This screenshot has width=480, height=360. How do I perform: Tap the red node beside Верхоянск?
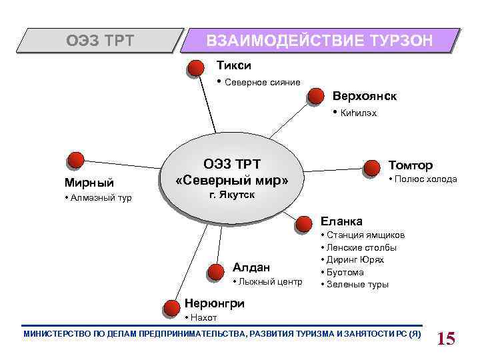click(316, 98)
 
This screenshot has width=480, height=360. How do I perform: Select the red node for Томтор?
click(371, 166)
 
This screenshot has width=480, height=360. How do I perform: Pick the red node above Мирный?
click(75, 160)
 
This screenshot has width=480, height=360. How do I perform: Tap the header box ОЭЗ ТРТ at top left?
click(99, 41)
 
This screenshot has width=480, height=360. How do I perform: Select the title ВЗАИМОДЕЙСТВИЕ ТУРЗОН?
click(320, 41)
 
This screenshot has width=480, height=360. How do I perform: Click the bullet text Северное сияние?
click(262, 83)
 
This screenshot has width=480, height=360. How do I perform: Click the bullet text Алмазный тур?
click(101, 198)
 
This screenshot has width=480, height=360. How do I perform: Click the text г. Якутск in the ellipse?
click(231, 195)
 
